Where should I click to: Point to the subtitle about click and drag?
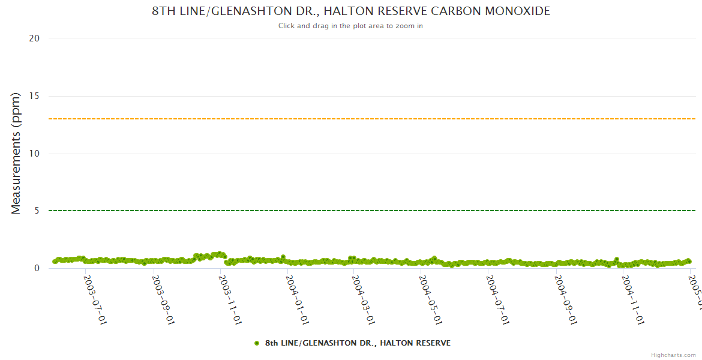(350, 26)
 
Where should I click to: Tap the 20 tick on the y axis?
(34, 38)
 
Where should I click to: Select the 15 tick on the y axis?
(34, 96)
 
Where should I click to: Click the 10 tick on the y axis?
(34, 154)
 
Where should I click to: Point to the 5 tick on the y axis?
(37, 211)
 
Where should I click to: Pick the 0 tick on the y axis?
(37, 268)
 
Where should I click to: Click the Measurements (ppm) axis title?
(16, 153)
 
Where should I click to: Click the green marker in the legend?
(257, 343)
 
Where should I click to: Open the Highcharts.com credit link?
(673, 355)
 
